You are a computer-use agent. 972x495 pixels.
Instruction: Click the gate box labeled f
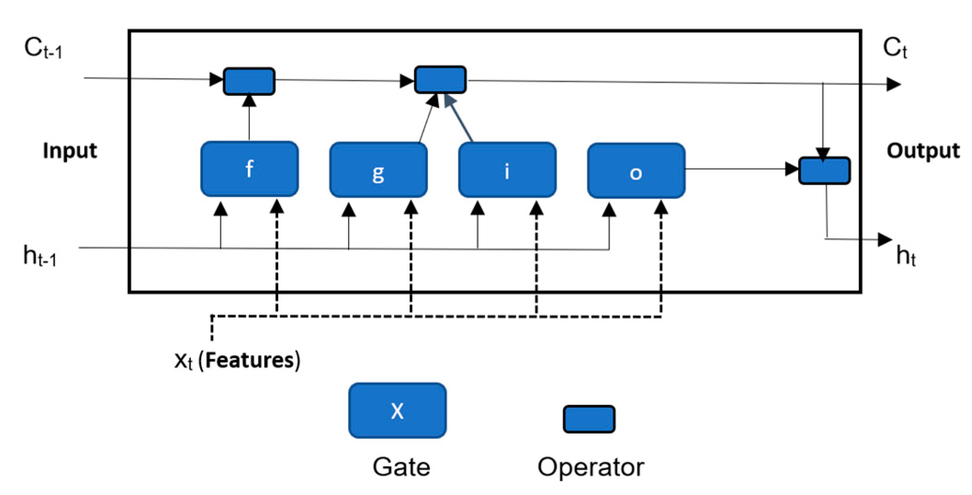coord(249,169)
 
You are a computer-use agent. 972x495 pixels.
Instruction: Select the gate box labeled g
coord(378,170)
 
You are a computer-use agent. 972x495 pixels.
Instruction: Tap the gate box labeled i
coord(507,170)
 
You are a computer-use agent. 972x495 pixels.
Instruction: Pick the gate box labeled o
coord(636,171)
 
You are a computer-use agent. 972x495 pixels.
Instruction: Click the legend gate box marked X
coord(397,410)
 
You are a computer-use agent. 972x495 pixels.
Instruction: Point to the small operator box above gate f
coord(249,81)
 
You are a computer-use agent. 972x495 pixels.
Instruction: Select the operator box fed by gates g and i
coord(440,80)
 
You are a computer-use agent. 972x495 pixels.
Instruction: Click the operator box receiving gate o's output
coord(824,171)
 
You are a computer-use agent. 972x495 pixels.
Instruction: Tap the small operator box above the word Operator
coord(589,419)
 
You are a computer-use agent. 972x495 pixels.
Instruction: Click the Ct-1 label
coord(43,48)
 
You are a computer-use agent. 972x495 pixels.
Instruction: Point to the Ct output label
coord(894,48)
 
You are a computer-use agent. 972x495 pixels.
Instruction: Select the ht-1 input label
coord(40,256)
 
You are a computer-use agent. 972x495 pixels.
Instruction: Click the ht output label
coord(905,256)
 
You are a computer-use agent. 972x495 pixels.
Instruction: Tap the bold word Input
coord(70,151)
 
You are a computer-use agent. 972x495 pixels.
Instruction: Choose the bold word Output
coord(922,151)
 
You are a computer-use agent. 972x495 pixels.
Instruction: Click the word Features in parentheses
coord(252,360)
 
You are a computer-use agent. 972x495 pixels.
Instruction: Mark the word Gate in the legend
coord(401,467)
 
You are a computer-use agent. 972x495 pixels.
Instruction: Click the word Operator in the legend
coord(590,467)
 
